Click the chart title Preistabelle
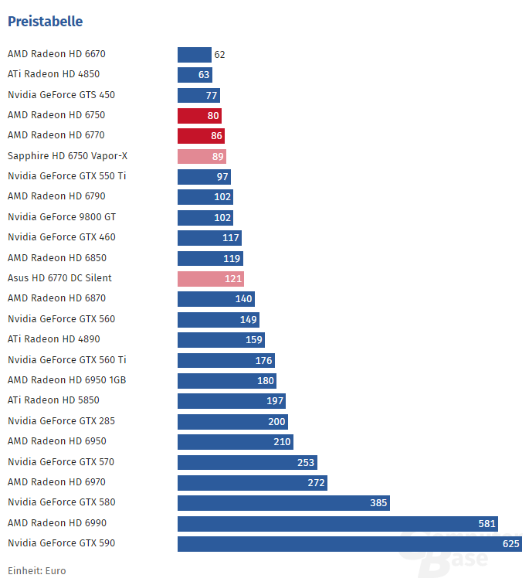(45, 22)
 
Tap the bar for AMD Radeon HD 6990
(337, 524)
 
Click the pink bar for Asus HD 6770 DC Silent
(210, 279)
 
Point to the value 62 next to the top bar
(219, 55)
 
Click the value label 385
(378, 503)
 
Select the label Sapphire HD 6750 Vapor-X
(67, 156)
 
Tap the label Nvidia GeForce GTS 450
(61, 95)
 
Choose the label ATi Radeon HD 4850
(53, 75)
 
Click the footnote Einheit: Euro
(36, 571)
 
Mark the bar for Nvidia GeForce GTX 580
(283, 503)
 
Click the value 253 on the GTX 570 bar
(306, 462)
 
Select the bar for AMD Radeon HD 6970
(252, 483)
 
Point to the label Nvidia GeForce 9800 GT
(62, 217)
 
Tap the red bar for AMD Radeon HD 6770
(201, 136)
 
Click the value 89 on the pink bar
(217, 157)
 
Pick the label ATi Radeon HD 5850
(53, 400)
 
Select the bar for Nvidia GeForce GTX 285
(232, 422)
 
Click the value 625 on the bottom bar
(510, 544)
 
